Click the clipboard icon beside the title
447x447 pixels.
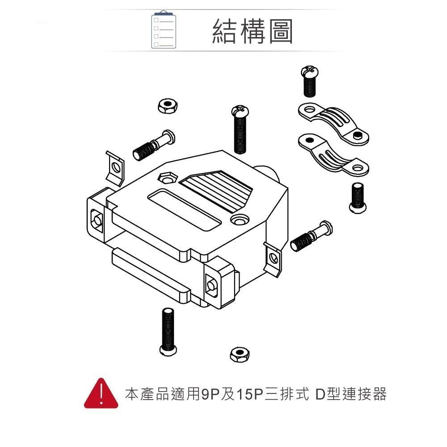coord(164,30)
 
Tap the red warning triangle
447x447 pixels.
coord(102,394)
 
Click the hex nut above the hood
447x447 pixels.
coord(168,106)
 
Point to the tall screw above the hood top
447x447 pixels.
coord(240,130)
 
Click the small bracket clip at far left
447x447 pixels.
coord(115,168)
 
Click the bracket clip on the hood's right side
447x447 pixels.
coord(273,258)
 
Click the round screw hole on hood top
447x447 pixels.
coord(240,220)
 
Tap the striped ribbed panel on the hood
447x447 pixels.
coord(219,190)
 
